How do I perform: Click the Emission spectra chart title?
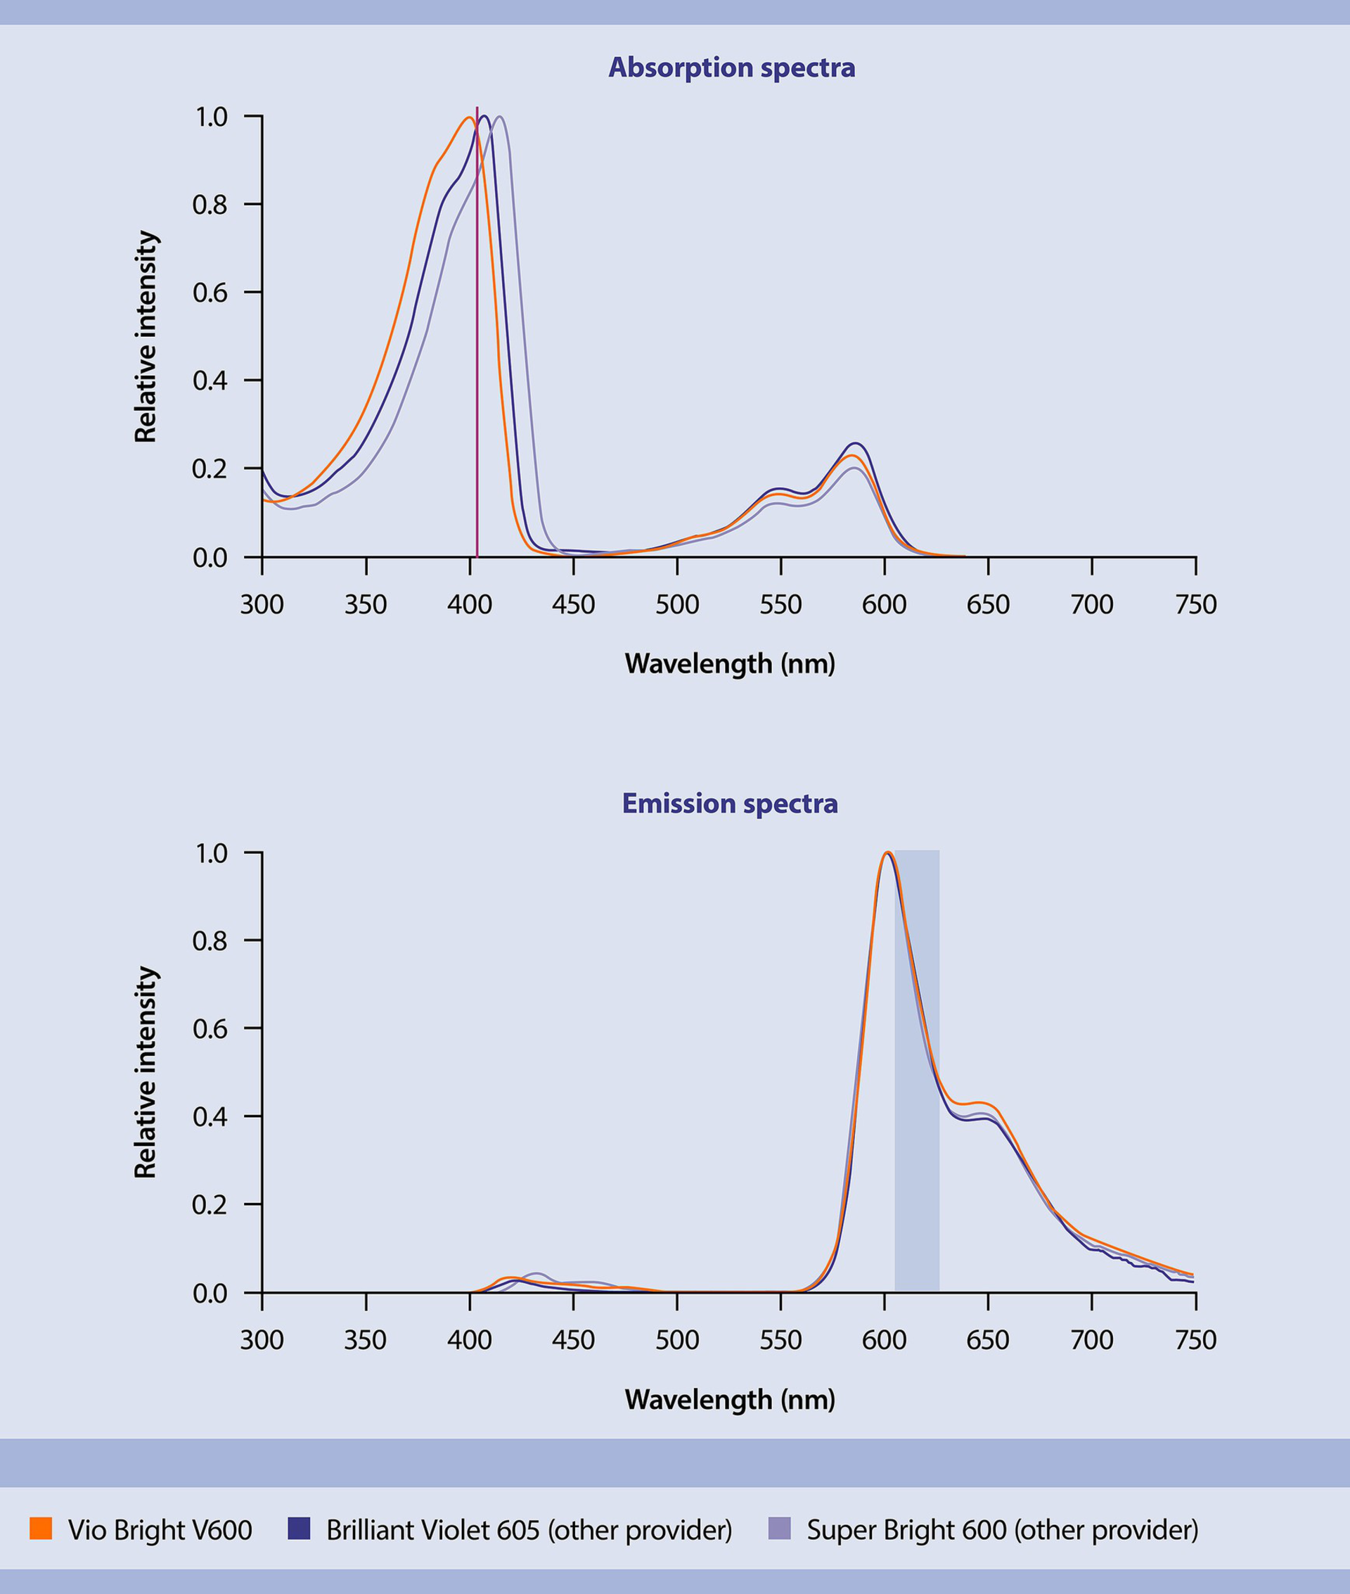pyautogui.click(x=729, y=803)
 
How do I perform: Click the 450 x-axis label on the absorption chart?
pyautogui.click(x=573, y=605)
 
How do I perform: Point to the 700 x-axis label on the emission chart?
pyautogui.click(x=1091, y=1340)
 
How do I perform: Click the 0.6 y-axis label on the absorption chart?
pyautogui.click(x=210, y=293)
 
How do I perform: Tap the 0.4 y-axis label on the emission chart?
pyautogui.click(x=210, y=1116)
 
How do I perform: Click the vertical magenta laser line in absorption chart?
pyautogui.click(x=477, y=345)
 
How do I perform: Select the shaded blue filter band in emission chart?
pyautogui.click(x=917, y=1072)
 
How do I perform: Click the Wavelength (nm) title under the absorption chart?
pyautogui.click(x=729, y=663)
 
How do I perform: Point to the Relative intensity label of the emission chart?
pyautogui.click(x=146, y=1072)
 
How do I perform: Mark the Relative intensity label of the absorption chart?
pyautogui.click(x=146, y=336)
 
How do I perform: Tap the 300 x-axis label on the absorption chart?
pyautogui.click(x=262, y=605)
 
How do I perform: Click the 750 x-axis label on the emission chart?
pyautogui.click(x=1195, y=1340)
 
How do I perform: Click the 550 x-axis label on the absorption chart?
pyautogui.click(x=780, y=605)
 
